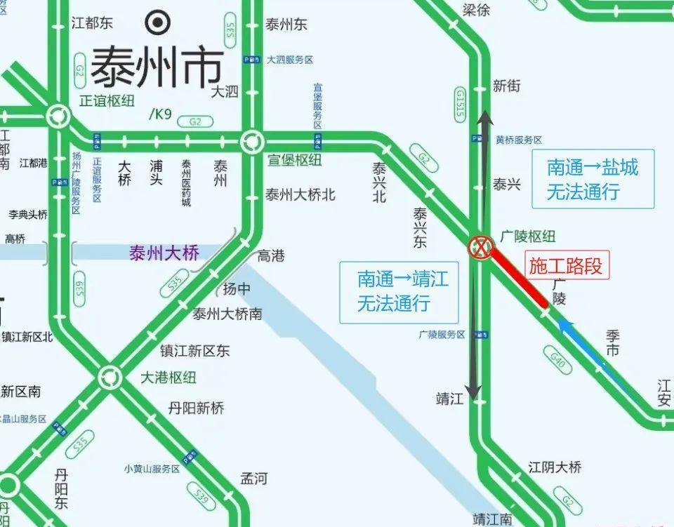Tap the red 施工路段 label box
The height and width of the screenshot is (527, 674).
click(566, 266)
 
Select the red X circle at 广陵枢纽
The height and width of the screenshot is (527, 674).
click(481, 247)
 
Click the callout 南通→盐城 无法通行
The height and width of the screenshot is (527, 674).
click(593, 179)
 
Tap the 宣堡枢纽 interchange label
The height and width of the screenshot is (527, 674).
click(294, 160)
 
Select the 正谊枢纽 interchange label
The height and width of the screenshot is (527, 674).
click(107, 100)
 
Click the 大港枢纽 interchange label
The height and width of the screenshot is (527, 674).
click(168, 378)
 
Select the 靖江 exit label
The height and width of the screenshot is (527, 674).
click(450, 399)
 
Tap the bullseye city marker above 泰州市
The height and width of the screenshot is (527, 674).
click(157, 22)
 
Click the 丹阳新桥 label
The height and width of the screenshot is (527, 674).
click(196, 408)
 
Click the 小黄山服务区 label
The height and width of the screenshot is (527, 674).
click(152, 469)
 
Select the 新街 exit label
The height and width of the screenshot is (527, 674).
click(507, 86)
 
